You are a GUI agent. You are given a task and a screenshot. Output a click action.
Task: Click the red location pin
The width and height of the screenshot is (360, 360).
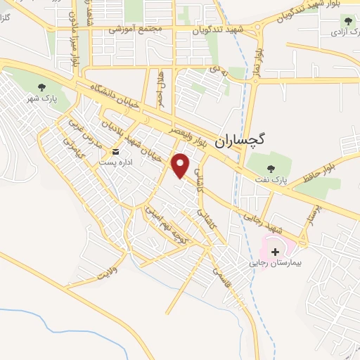pyautogui.click(x=181, y=165)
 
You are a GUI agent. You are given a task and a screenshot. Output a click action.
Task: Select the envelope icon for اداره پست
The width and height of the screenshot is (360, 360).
pyautogui.click(x=117, y=152)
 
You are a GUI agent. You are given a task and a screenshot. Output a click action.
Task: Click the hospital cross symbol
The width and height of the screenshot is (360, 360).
pyautogui.click(x=274, y=251)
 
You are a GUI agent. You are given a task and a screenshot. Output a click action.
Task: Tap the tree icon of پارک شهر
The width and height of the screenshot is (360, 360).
pyautogui.click(x=41, y=88)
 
